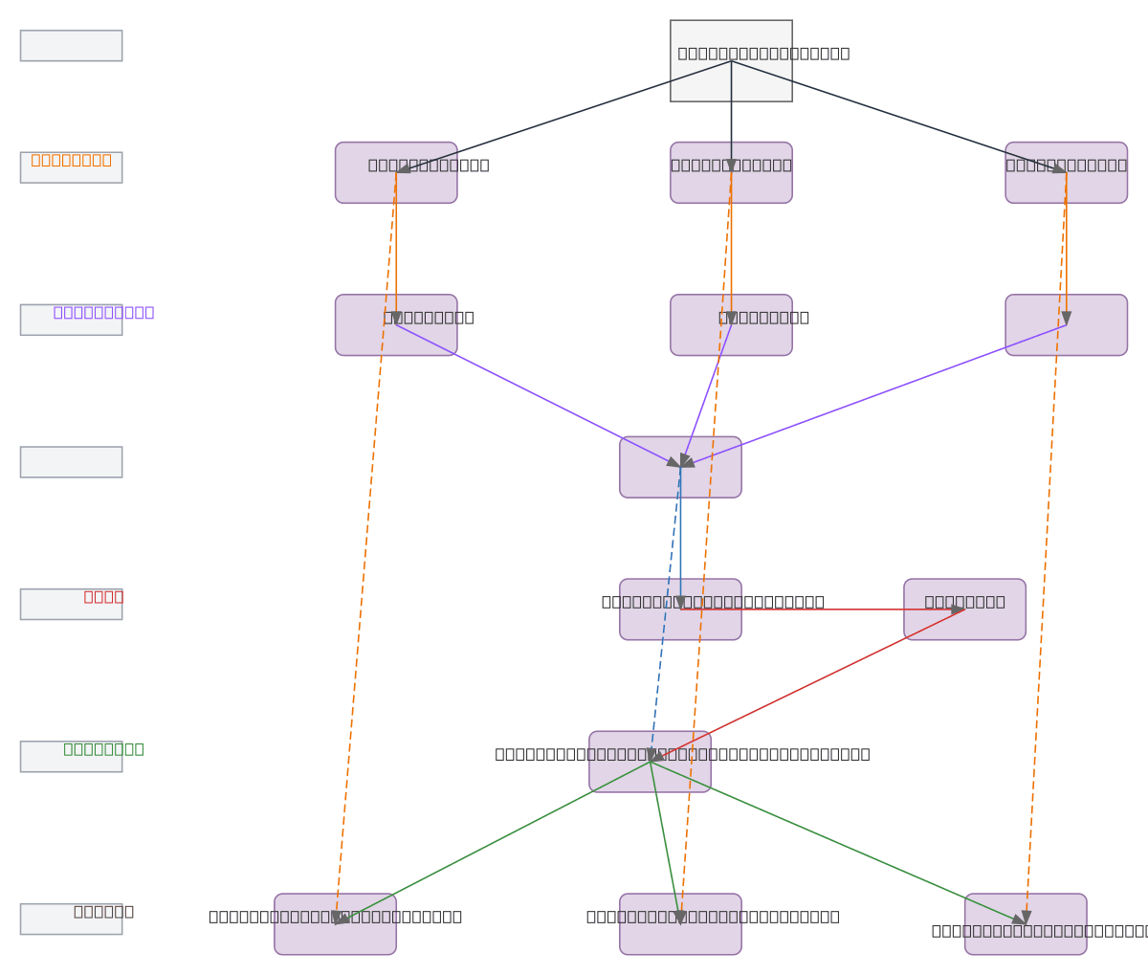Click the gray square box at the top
point(731,60)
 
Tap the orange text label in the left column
point(71,160)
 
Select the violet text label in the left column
point(103,312)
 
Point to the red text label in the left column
point(103,596)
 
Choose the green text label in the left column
point(103,749)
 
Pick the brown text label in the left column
point(103,911)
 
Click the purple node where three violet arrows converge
point(680,467)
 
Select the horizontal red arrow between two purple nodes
point(823,609)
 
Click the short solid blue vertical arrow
point(680,536)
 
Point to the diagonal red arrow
point(808,685)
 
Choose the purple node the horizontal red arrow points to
point(964,609)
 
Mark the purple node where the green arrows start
point(650,762)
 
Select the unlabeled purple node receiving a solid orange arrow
point(1066,325)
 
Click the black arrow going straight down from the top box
point(731,115)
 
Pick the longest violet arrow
point(873,396)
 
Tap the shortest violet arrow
point(706,394)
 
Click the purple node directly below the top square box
point(731,173)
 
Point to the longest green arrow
point(837,842)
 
